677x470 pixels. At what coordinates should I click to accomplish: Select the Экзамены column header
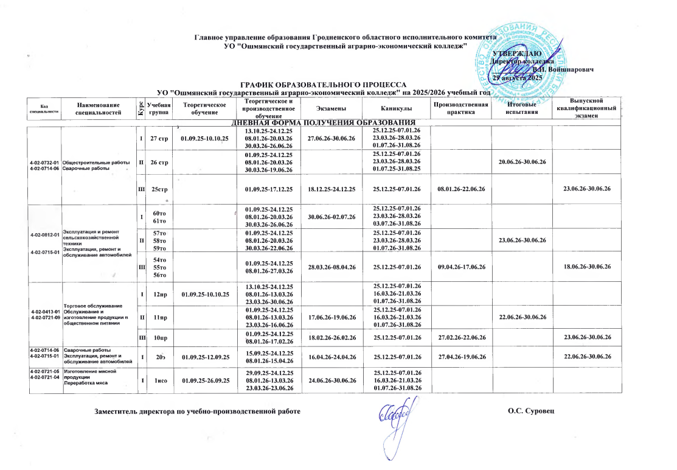coord(330,108)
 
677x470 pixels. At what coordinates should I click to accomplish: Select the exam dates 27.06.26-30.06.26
coord(331,139)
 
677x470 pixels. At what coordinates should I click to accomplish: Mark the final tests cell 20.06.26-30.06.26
coord(523,163)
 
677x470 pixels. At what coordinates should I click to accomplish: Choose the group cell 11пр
coord(159,317)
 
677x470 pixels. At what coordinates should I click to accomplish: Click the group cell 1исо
coord(159,380)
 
